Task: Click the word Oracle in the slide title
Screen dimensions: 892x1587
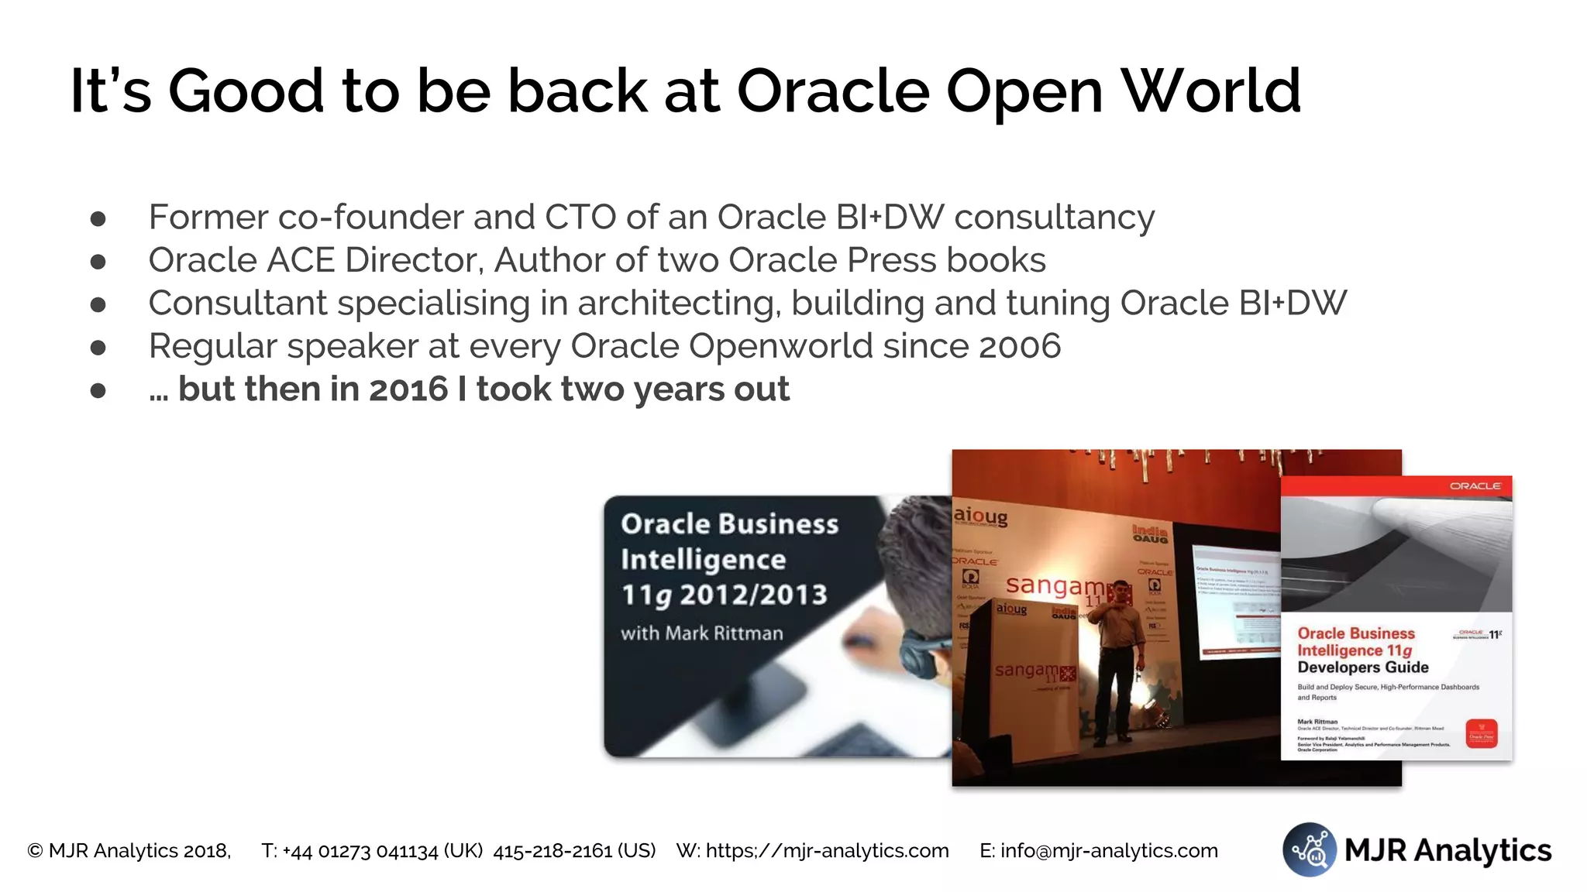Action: [833, 91]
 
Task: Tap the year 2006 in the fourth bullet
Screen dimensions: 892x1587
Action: [1019, 346]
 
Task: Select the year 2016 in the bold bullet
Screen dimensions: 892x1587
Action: [408, 389]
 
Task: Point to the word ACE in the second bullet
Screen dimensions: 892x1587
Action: [301, 261]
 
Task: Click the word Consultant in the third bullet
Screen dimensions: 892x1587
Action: [237, 304]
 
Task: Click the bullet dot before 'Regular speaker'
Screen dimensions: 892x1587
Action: [98, 348]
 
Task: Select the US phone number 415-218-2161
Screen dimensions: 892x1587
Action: [574, 851]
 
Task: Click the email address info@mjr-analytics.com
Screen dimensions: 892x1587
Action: [1109, 851]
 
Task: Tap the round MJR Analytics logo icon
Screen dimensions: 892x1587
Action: [1309, 849]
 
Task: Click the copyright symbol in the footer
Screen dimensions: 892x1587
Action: [35, 851]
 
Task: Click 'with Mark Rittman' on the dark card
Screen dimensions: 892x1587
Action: [701, 633]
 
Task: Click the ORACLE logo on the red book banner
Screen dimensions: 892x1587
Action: [1475, 485]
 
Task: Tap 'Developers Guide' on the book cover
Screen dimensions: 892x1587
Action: [1362, 667]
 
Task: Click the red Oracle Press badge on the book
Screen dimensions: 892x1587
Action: [1481, 732]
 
